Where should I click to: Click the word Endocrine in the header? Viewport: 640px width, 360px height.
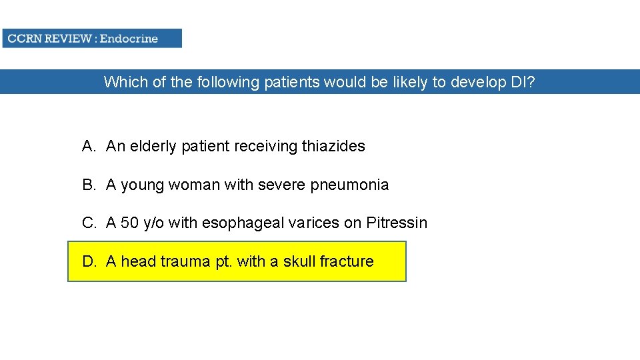click(x=129, y=38)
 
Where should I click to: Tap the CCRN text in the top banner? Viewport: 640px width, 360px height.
click(x=24, y=38)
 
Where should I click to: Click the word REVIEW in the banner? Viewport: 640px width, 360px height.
click(x=68, y=38)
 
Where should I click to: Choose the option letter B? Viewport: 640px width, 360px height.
click(x=89, y=185)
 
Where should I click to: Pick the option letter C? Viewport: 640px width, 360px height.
click(x=89, y=223)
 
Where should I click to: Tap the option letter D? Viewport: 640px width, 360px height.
click(x=89, y=261)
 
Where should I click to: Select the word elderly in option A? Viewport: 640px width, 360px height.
click(x=153, y=146)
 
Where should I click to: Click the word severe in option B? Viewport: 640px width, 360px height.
click(x=281, y=185)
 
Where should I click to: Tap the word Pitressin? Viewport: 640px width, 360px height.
click(x=397, y=223)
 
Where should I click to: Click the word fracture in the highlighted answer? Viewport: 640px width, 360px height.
click(x=347, y=261)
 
